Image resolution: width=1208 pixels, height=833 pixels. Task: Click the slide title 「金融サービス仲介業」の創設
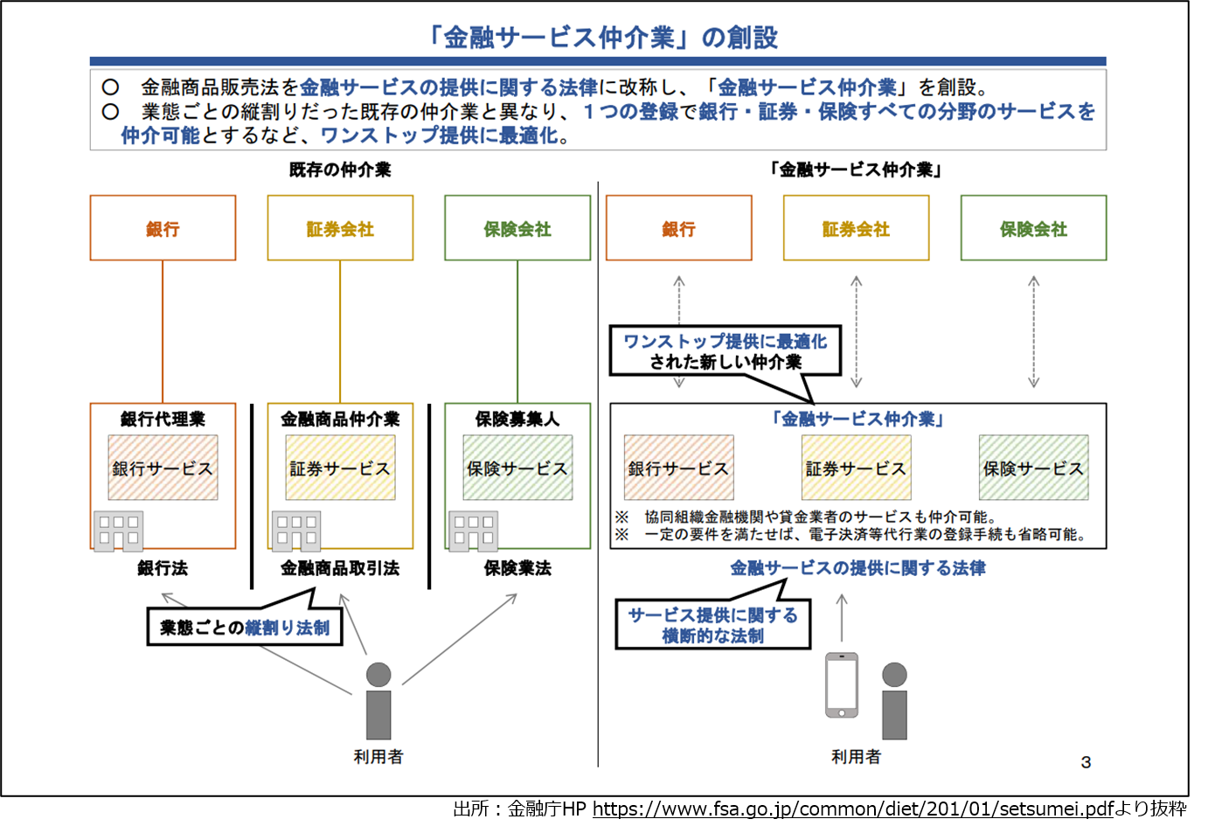click(x=601, y=38)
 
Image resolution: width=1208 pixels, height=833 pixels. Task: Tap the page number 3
click(x=1086, y=762)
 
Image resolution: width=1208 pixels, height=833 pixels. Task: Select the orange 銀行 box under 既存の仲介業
click(x=163, y=228)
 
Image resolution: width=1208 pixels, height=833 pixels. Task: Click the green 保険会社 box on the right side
click(x=1033, y=228)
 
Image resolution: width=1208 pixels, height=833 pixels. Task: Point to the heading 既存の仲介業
click(x=340, y=170)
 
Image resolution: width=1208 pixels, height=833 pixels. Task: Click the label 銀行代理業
click(x=163, y=419)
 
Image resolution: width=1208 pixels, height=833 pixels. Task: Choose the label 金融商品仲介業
click(x=340, y=419)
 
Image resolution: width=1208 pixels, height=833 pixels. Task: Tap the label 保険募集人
click(x=517, y=419)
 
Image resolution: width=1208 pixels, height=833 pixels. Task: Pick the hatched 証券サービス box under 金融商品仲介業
click(x=340, y=469)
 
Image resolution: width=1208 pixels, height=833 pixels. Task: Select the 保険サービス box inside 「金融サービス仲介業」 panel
click(x=1033, y=469)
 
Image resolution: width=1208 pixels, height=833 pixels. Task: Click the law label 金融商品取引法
click(x=340, y=568)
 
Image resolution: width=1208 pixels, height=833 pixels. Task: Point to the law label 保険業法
click(x=517, y=568)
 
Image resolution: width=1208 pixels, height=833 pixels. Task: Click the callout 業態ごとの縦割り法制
click(x=245, y=627)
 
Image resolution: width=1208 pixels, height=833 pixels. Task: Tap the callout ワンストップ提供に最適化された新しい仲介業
click(x=725, y=351)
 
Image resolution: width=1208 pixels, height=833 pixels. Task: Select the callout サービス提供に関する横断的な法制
click(x=712, y=625)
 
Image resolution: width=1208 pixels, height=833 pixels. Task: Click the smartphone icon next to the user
click(x=842, y=685)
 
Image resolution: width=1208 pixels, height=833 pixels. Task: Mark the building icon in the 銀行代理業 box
click(x=118, y=530)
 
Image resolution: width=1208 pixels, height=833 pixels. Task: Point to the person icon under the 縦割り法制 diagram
click(x=378, y=701)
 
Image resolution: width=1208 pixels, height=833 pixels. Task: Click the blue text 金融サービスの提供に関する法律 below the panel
click(x=857, y=568)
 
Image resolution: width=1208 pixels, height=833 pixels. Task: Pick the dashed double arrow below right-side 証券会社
click(x=857, y=332)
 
